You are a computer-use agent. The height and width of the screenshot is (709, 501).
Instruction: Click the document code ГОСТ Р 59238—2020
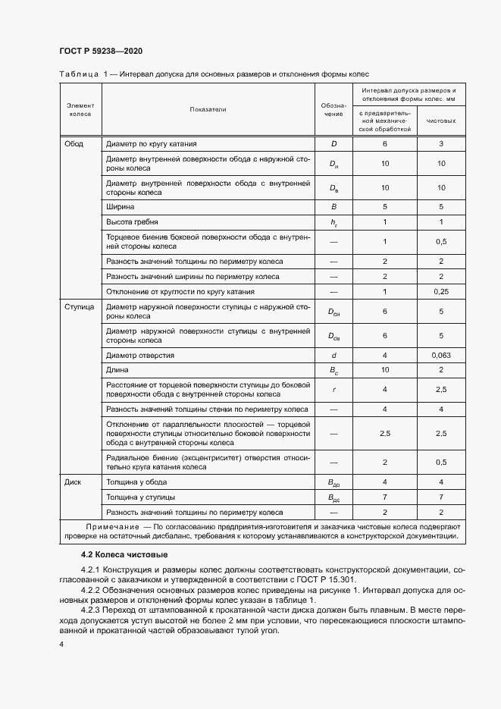[x=101, y=51]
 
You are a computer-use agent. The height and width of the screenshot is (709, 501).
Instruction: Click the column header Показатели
[x=208, y=109]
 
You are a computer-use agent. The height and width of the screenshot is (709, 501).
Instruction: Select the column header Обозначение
[x=333, y=109]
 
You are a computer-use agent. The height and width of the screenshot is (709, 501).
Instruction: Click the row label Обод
[x=74, y=143]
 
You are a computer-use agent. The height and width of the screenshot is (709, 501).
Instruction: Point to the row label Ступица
[x=79, y=309]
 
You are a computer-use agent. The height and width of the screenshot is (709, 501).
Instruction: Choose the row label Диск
[x=74, y=482]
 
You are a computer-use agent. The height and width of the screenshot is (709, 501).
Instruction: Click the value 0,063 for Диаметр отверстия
[x=441, y=355]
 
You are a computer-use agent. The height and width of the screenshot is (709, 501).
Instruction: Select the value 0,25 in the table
[x=441, y=291]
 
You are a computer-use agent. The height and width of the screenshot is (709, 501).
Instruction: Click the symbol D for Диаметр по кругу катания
[x=333, y=143]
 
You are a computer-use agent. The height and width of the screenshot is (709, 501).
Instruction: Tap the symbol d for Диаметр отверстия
[x=333, y=355]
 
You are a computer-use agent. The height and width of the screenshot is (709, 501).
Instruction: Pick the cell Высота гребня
[x=133, y=222]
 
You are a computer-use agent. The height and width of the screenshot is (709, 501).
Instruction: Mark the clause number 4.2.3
[x=91, y=610]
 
